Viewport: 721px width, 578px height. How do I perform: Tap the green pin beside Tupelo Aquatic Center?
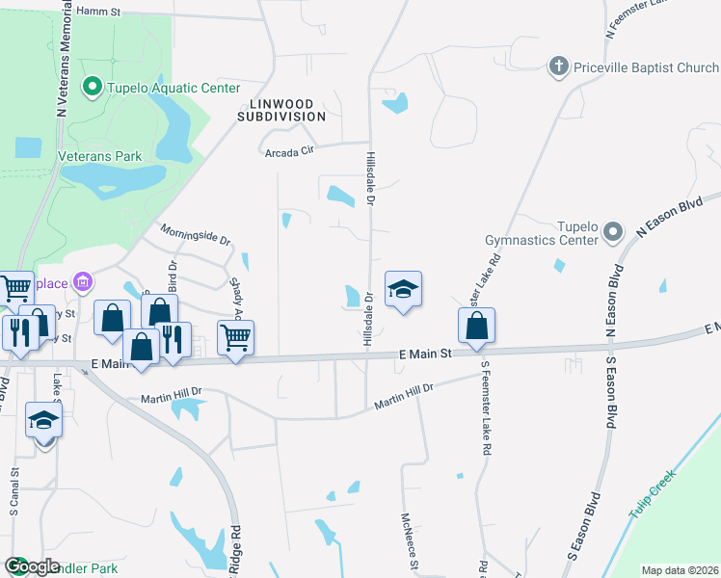click(x=93, y=88)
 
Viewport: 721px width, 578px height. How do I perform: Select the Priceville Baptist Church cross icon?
click(x=557, y=67)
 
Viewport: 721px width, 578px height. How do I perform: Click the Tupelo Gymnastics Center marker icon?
click(x=612, y=232)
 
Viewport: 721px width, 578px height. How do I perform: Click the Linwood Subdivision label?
click(x=282, y=109)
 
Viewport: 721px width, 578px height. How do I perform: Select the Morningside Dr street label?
click(x=196, y=233)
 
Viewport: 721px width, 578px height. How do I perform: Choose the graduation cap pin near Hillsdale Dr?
click(x=404, y=289)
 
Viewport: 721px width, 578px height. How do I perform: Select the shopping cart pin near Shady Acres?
click(x=236, y=337)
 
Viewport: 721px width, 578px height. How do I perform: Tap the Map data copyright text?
click(x=680, y=570)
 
